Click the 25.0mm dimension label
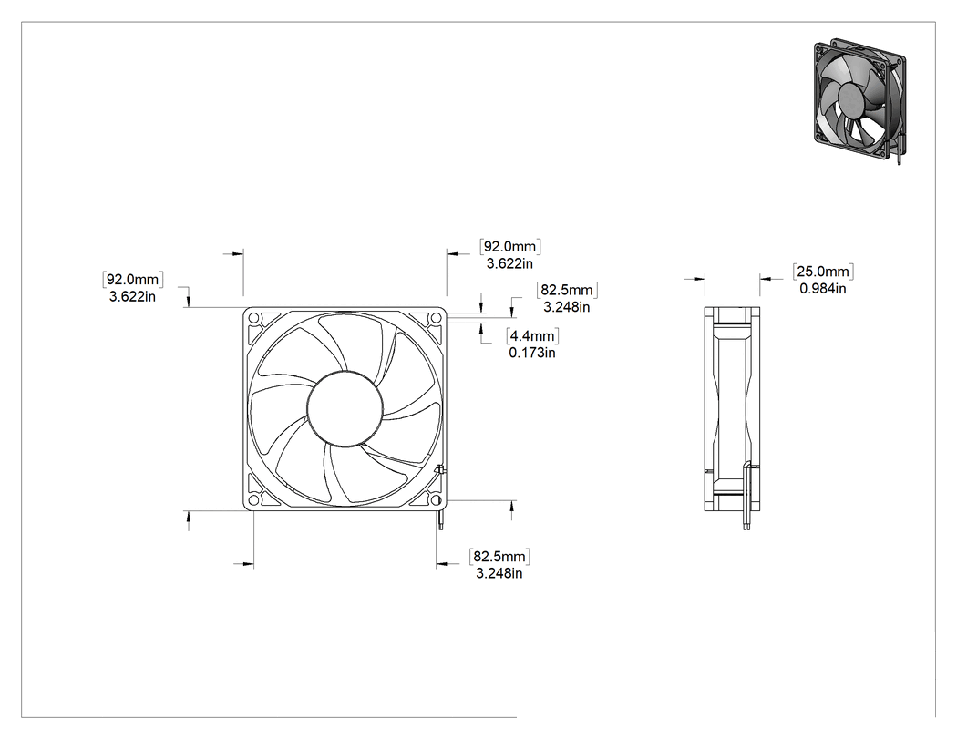click(823, 272)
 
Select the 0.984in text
click(823, 288)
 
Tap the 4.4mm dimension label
click(532, 335)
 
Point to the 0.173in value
click(532, 353)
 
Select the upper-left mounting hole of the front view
click(254, 318)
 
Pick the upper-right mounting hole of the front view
click(436, 318)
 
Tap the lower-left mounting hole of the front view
click(254, 500)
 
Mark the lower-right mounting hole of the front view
click(436, 500)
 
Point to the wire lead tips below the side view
click(746, 525)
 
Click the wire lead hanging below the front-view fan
click(440, 519)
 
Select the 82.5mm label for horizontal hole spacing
click(499, 557)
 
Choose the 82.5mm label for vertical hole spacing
click(566, 290)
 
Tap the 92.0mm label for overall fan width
click(509, 247)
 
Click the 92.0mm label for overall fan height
click(132, 280)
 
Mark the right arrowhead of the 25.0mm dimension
click(766, 279)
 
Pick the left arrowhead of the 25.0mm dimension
click(699, 279)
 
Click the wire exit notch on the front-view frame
click(438, 470)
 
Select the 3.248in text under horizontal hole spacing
click(499, 574)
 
